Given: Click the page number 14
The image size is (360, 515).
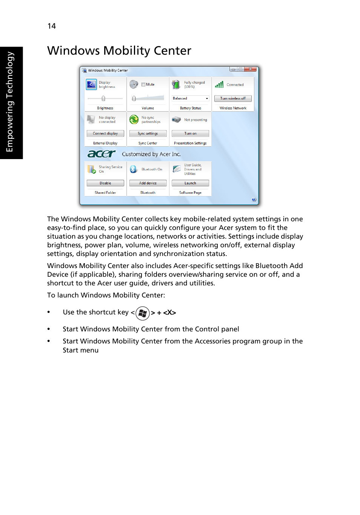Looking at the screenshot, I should pyautogui.click(x=52, y=26).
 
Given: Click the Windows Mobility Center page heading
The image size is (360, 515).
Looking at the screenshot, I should pyautogui.click(x=119, y=51).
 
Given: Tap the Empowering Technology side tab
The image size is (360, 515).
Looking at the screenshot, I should pyautogui.click(x=10, y=102).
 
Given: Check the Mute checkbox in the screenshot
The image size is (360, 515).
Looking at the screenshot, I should pyautogui.click(x=143, y=84).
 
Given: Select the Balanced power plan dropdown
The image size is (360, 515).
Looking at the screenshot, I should pyautogui.click(x=191, y=98).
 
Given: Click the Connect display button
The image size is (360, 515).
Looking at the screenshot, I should pyautogui.click(x=105, y=133).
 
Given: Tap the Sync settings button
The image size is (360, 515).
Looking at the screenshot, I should pyautogui.click(x=148, y=133).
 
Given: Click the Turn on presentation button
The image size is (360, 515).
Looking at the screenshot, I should pyautogui.click(x=190, y=133).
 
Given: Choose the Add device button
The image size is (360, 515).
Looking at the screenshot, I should pyautogui.click(x=148, y=183).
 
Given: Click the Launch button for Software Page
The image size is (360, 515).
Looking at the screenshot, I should pyautogui.click(x=190, y=183).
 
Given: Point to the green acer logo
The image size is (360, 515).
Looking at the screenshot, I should pyautogui.click(x=102, y=154).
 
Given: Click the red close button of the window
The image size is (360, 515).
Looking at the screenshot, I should pyautogui.click(x=251, y=69).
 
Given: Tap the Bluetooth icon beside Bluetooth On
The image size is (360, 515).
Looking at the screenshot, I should pyautogui.click(x=133, y=169).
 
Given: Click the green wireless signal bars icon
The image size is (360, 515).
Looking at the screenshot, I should pyautogui.click(x=219, y=85).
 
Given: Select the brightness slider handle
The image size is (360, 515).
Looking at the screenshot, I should pyautogui.click(x=103, y=98).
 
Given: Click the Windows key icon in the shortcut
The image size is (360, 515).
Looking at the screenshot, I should pyautogui.click(x=143, y=313).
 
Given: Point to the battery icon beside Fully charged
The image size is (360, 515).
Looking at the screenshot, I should pyautogui.click(x=176, y=84).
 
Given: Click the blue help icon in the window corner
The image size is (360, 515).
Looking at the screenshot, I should pyautogui.click(x=254, y=199).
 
